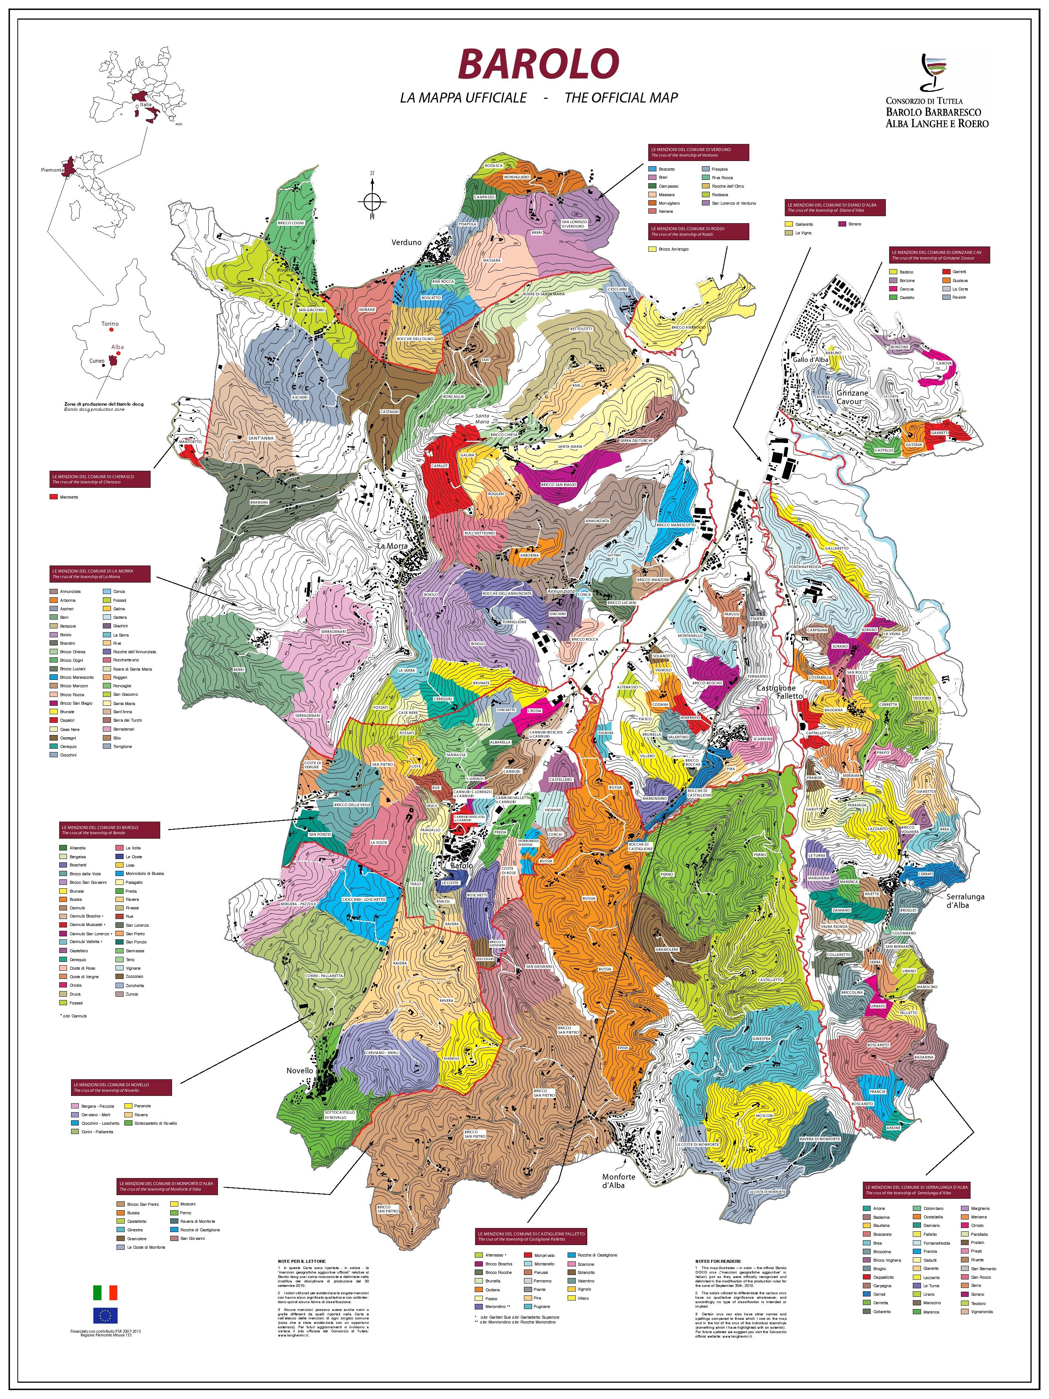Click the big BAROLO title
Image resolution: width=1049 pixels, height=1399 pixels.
(538, 64)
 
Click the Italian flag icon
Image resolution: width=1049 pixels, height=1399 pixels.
(105, 1292)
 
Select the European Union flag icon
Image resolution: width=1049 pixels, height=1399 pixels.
(105, 1315)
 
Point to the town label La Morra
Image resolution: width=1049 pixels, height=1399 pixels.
(392, 545)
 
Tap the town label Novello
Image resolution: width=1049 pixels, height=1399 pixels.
(300, 1071)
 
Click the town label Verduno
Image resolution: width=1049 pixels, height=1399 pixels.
(406, 242)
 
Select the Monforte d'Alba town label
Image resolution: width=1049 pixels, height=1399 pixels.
(618, 1181)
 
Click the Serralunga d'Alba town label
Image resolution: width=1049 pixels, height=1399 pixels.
(965, 900)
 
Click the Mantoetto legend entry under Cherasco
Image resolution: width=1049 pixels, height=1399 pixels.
(68, 497)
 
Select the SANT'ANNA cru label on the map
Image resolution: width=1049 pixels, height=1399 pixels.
(260, 438)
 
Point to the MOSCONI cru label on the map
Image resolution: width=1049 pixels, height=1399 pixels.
(764, 1115)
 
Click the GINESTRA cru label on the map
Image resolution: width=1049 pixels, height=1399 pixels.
(761, 1039)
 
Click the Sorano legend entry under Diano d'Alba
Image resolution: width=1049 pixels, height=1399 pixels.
(854, 224)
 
